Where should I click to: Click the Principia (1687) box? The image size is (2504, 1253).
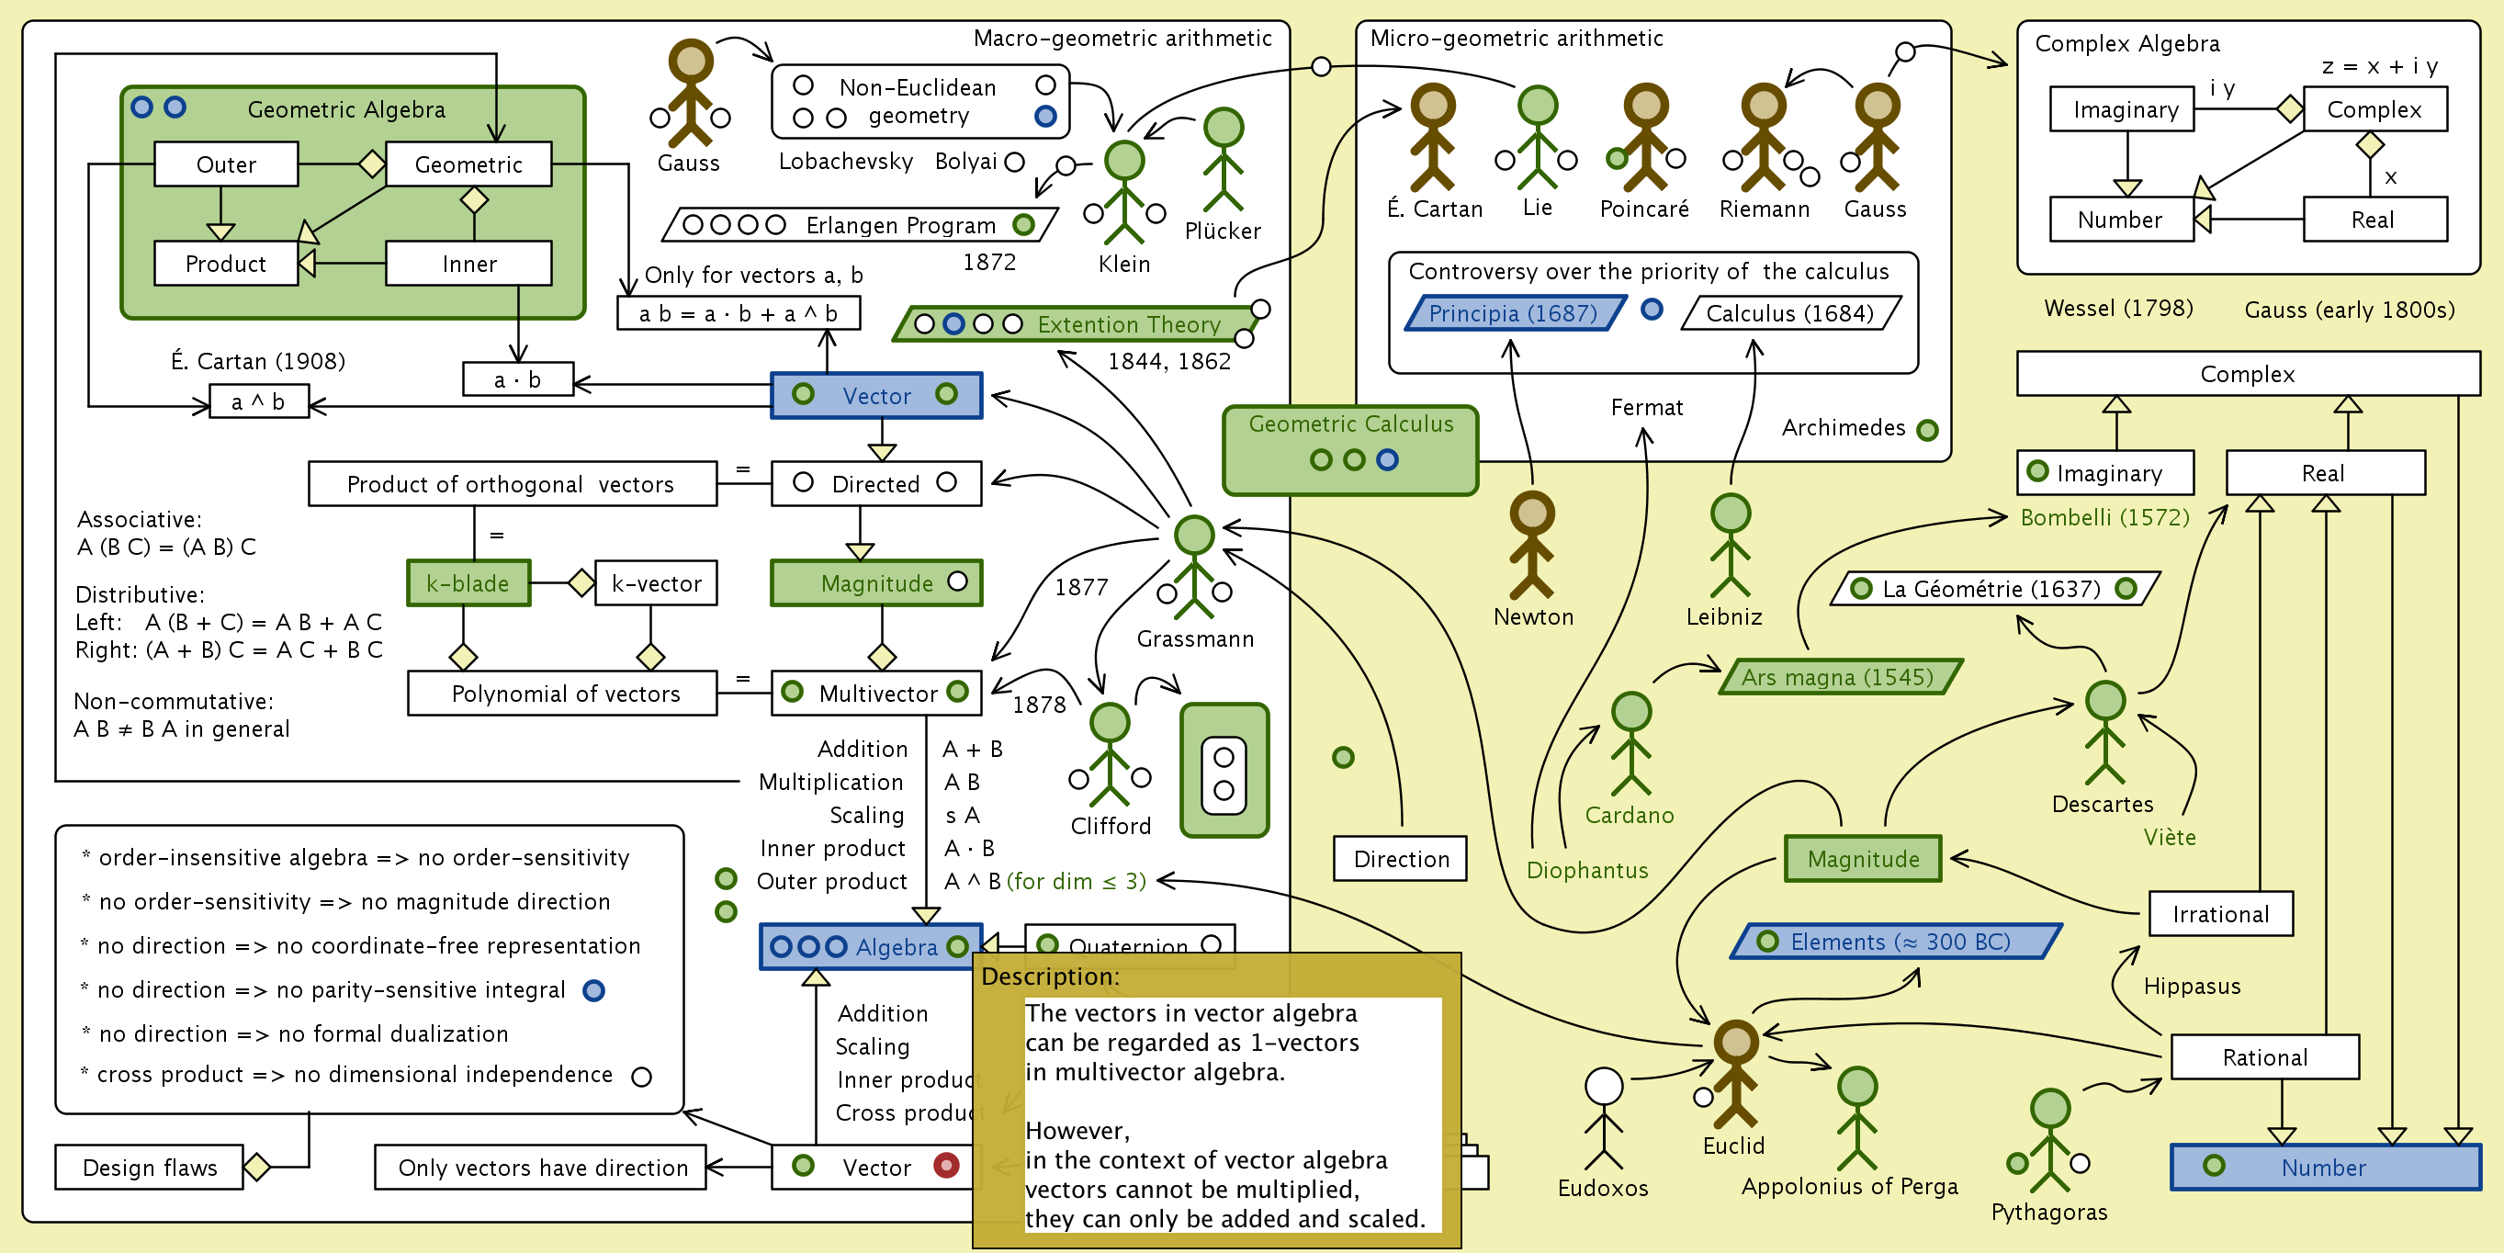tap(1514, 313)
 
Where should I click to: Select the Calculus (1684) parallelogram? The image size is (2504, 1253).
tap(1789, 313)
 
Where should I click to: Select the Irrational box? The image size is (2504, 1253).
tap(2220, 914)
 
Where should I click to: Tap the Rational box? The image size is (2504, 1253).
tap(2264, 1056)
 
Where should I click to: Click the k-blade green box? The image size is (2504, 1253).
tap(468, 583)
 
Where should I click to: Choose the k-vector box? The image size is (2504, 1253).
tap(656, 583)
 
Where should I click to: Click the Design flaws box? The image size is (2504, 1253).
tap(150, 1167)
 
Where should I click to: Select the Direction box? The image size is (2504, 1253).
tap(1400, 858)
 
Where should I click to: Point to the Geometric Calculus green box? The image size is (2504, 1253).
tap(1350, 449)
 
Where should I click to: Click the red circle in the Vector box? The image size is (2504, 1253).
tap(946, 1165)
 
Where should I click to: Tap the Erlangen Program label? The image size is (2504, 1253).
tap(900, 225)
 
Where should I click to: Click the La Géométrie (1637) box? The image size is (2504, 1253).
tap(1992, 588)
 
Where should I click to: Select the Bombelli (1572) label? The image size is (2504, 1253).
tap(2104, 517)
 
